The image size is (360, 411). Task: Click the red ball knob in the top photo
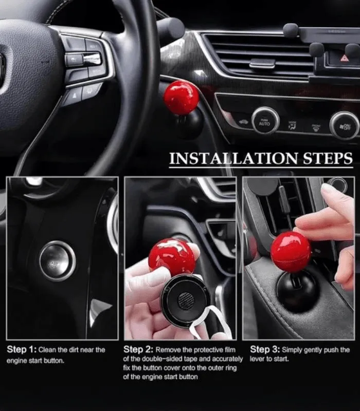coord(182,98)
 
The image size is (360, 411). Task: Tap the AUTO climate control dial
coord(265,121)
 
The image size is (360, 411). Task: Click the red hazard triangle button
coord(345,58)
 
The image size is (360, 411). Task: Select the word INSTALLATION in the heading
coord(233,159)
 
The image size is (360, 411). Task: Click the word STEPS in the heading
coord(328,159)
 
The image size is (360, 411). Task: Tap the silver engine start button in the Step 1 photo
coord(58,261)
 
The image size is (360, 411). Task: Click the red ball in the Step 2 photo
coord(172,257)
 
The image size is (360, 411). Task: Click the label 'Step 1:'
coord(22,349)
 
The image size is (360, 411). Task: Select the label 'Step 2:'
coord(138,349)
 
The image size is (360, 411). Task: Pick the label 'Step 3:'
coord(265,349)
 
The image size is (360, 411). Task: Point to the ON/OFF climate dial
coord(345,126)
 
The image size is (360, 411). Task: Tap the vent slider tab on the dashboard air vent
coord(262,63)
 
